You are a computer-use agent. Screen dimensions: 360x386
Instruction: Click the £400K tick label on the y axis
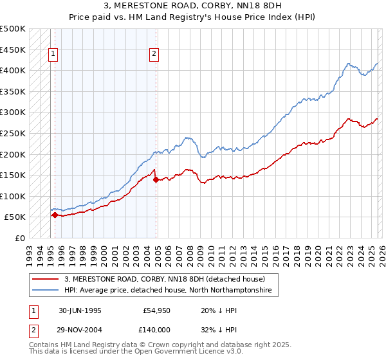click(13, 70)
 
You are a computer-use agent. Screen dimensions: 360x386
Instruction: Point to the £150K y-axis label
click(13, 175)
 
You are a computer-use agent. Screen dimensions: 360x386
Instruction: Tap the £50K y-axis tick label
click(15, 217)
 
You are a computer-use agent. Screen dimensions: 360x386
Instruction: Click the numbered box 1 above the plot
click(53, 55)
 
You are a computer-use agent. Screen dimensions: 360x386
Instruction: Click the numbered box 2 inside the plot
click(155, 55)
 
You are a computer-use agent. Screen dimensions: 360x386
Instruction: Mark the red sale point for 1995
click(55, 215)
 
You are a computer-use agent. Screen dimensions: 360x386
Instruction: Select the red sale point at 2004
click(156, 179)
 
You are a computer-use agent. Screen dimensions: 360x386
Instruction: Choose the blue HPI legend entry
click(167, 291)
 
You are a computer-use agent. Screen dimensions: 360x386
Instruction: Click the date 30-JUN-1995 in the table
click(80, 310)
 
